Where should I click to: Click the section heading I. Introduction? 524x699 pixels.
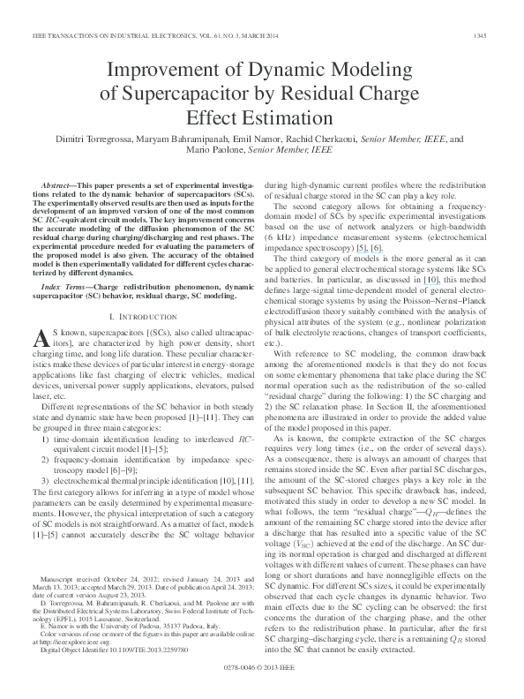[x=143, y=289]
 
